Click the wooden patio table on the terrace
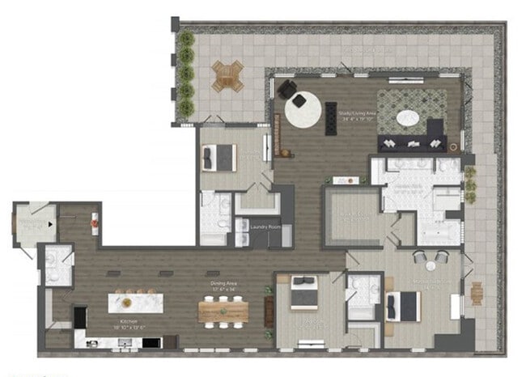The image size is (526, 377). [228, 77]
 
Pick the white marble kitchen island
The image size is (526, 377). [136, 303]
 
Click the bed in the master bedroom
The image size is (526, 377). [402, 305]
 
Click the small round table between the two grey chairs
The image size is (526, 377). [431, 265]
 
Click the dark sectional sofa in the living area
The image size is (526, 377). [414, 140]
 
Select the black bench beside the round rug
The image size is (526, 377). [329, 119]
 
